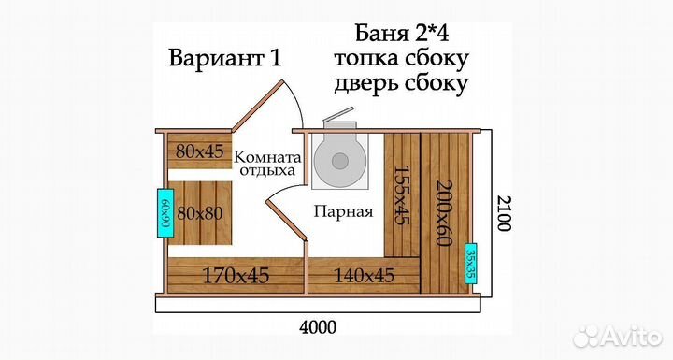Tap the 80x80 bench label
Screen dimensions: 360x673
coord(200,212)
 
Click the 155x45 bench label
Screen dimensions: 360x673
coord(399,195)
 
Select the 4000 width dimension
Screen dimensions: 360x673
coord(318,327)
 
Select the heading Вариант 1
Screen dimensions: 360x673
coord(224,58)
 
